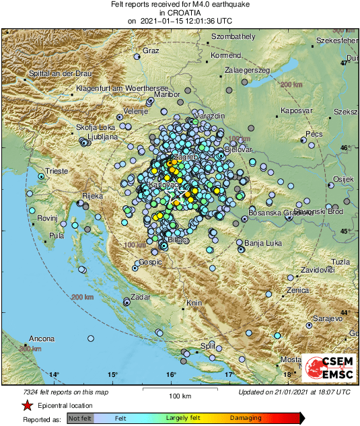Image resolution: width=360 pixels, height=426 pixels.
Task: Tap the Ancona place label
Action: pyautogui.click(x=41, y=339)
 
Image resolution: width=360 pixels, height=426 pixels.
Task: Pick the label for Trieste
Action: pyautogui.click(x=56, y=172)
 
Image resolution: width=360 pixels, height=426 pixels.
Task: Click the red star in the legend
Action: pyautogui.click(x=26, y=405)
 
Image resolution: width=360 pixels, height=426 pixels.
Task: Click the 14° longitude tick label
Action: pyautogui.click(x=54, y=374)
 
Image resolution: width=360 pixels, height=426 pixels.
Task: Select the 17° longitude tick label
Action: pyautogui.click(x=229, y=374)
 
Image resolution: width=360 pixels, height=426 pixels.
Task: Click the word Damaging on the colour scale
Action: pyautogui.click(x=246, y=418)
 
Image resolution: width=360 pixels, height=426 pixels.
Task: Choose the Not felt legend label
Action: pyautogui.click(x=81, y=418)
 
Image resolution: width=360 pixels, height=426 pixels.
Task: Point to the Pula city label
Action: pyautogui.click(x=57, y=236)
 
